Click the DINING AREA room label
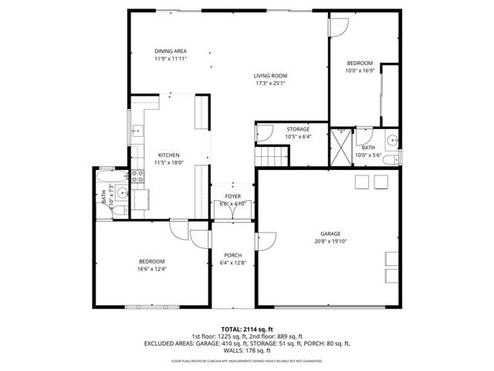click(x=170, y=51)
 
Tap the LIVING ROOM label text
click(x=270, y=75)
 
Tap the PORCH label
click(x=232, y=255)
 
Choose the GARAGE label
click(x=331, y=233)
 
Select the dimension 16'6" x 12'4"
click(x=151, y=269)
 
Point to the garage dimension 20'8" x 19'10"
click(x=331, y=241)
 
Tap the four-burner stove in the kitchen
click(x=139, y=175)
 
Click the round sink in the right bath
click(x=392, y=141)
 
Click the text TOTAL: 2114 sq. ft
click(x=246, y=328)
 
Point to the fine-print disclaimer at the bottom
click(x=246, y=360)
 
